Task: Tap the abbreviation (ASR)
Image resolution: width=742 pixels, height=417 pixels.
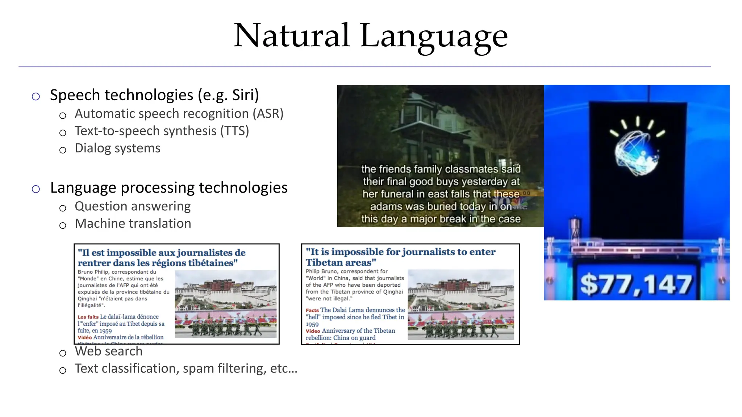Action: click(268, 114)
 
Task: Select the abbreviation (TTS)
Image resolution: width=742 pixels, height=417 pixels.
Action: click(234, 131)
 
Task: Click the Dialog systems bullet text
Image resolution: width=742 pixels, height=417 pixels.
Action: click(117, 148)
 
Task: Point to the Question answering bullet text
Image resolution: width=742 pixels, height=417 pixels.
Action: click(133, 206)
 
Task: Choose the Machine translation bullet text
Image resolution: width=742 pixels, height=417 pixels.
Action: click(133, 224)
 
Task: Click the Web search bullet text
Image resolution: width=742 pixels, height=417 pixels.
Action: click(108, 351)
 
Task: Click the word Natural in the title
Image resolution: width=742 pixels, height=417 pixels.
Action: click(292, 35)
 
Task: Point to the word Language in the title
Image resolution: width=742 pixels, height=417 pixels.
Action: click(434, 36)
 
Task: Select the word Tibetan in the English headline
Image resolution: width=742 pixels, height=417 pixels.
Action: click(322, 262)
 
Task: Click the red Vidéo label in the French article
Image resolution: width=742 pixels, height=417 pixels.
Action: click(84, 337)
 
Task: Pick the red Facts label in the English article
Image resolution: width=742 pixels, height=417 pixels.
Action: click(312, 310)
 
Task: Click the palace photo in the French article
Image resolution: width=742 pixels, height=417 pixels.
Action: click(225, 304)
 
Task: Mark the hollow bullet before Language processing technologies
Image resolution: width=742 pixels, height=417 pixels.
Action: click(36, 189)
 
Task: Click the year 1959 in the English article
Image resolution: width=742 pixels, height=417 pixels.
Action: click(312, 324)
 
